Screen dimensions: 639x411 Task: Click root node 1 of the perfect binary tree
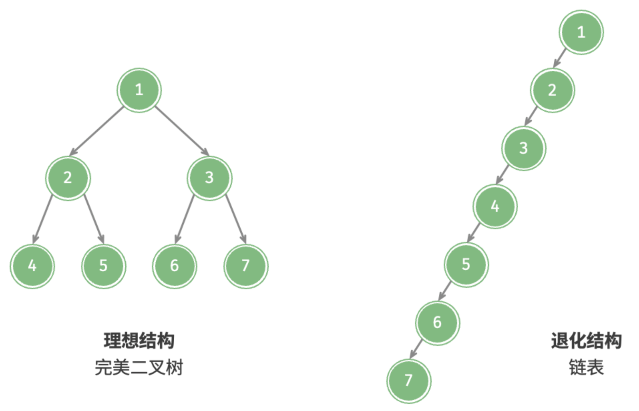(x=139, y=90)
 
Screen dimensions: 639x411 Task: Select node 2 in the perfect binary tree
(x=68, y=178)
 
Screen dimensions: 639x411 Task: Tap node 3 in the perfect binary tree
(x=210, y=178)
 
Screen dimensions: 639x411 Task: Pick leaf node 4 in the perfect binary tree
(x=32, y=266)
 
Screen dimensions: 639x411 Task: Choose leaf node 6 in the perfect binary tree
(x=175, y=266)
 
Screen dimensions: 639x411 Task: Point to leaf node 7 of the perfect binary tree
(x=246, y=266)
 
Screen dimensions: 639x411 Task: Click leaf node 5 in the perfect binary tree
(x=104, y=266)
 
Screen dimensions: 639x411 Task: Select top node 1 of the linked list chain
(x=581, y=32)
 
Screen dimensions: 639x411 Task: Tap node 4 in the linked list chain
(x=495, y=207)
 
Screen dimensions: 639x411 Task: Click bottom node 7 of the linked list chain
(x=409, y=381)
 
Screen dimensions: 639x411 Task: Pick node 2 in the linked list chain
(x=552, y=90)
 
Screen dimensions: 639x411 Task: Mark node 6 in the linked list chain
(x=437, y=323)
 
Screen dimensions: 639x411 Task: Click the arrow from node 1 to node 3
(x=182, y=131)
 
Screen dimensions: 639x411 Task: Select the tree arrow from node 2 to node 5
(x=94, y=219)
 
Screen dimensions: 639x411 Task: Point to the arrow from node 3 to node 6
(x=184, y=219)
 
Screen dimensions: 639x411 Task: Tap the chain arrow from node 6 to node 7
(x=416, y=349)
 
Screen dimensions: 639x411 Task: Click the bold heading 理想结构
(x=139, y=341)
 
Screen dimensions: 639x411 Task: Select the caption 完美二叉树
(x=139, y=367)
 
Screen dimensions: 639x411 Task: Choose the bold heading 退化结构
(x=586, y=341)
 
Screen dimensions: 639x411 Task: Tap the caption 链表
(x=586, y=367)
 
